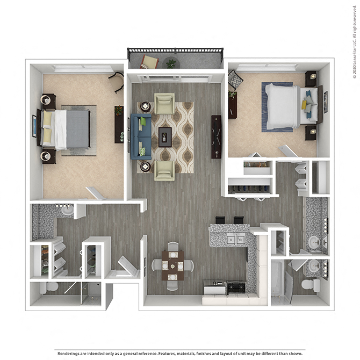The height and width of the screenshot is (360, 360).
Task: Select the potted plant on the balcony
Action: [171, 63]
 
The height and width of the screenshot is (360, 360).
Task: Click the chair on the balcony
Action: [148, 62]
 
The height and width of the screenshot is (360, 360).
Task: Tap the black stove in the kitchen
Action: [236, 287]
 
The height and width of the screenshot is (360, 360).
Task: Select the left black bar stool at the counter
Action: [221, 220]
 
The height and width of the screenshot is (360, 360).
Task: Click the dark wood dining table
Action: [172, 264]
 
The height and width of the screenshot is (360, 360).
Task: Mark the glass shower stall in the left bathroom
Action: [92, 293]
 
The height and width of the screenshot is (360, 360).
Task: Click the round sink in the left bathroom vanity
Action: [67, 211]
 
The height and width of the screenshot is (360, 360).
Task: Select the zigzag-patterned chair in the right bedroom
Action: [235, 80]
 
